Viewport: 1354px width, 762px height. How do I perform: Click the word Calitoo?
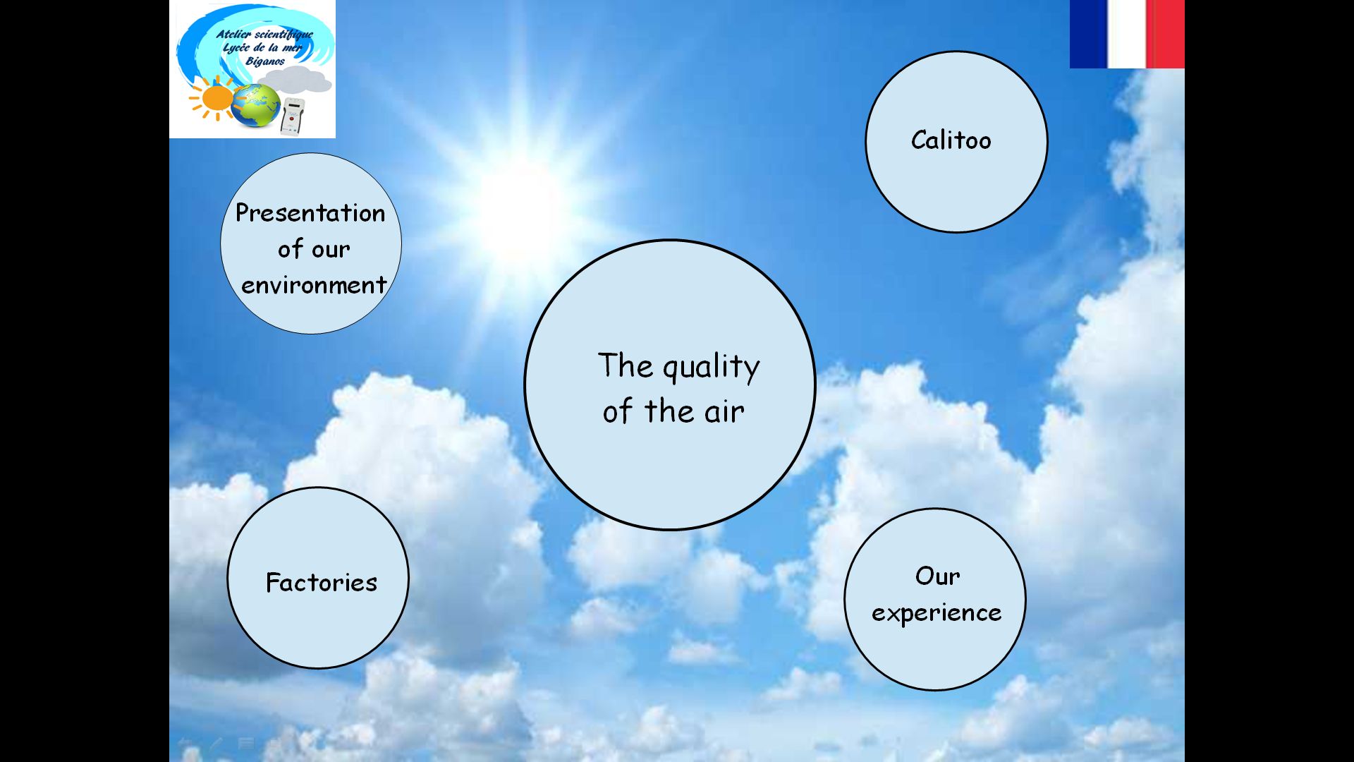tap(951, 140)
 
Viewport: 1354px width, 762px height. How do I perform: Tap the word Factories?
tap(322, 582)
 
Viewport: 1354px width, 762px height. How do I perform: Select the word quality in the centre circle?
tap(711, 368)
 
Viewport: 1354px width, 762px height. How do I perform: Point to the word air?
tap(724, 411)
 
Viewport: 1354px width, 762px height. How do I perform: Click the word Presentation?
tap(310, 212)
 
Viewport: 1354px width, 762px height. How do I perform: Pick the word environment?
tap(314, 285)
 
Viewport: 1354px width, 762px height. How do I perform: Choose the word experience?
tap(937, 612)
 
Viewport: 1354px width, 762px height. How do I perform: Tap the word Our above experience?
tap(937, 576)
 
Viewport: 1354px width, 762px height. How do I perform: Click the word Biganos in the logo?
tap(265, 61)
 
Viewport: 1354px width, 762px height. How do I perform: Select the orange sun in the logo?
tap(214, 99)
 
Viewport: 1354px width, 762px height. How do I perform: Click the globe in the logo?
tap(255, 106)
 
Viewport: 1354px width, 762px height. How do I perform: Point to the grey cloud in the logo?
tap(298, 79)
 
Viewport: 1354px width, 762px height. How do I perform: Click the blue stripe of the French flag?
tap(1090, 34)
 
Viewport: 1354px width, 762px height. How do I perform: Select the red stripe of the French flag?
tap(1166, 34)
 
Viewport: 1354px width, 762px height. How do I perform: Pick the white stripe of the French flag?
tap(1128, 34)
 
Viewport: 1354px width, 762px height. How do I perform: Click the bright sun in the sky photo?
tap(522, 205)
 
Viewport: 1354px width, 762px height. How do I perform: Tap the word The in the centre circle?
tap(626, 365)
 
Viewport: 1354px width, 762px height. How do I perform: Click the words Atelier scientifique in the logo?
tap(264, 35)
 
